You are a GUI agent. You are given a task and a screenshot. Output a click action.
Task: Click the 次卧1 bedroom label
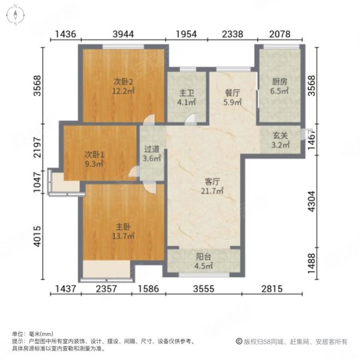[x=93, y=153]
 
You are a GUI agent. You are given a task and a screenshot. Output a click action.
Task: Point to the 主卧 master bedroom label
[x=123, y=227]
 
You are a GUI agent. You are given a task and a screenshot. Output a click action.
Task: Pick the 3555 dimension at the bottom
[x=204, y=289]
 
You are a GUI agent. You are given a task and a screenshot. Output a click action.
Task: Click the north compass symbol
[x=19, y=14]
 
